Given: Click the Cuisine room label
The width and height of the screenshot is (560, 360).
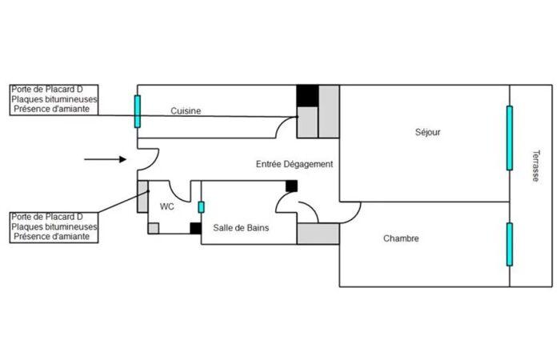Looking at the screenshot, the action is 186,110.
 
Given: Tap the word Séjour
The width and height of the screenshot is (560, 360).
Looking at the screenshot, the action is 427,132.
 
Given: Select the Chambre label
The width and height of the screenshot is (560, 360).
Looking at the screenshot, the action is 401,238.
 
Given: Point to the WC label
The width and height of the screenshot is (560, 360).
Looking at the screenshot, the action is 166,206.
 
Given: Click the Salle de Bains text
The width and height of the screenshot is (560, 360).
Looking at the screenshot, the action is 241,228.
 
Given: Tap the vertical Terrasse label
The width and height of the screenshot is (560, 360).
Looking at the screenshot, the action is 536,166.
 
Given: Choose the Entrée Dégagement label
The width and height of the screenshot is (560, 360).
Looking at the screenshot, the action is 294,164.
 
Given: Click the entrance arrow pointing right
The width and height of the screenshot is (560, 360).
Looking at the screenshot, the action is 106,159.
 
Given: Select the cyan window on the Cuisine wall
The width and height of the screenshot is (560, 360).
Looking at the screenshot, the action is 138,111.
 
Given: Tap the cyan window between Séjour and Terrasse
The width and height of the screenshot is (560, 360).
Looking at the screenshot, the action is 510,138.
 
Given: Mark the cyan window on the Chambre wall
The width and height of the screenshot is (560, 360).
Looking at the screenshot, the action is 510,244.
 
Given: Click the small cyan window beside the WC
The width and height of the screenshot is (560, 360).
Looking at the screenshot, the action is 201,207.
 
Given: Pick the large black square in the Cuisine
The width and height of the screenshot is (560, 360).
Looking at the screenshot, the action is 307,96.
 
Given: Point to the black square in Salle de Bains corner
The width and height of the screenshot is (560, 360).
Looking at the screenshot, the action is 291,186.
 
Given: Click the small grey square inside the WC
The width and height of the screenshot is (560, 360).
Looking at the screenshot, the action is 154,228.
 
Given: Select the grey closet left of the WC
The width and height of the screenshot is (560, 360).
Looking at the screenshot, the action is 143,197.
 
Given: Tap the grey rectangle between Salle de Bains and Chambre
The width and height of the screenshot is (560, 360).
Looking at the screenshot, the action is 318,234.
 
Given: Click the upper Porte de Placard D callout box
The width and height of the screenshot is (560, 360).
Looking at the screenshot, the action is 54,100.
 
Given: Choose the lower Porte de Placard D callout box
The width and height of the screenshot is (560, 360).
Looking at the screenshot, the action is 54,227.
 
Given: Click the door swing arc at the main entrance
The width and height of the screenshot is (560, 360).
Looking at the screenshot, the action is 156,159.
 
